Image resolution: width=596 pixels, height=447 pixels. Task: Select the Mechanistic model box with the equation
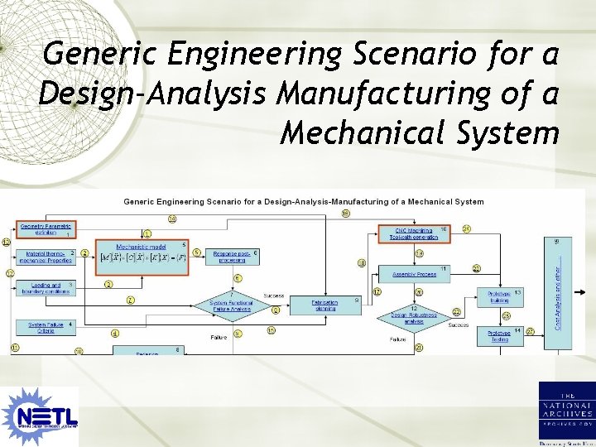(x=142, y=252)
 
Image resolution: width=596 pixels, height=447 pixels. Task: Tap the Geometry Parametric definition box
(x=46, y=228)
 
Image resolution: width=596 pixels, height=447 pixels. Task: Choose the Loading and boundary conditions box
(x=46, y=288)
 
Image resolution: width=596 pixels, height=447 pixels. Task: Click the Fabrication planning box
(x=312, y=305)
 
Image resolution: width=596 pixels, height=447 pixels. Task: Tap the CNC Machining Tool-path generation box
(x=413, y=233)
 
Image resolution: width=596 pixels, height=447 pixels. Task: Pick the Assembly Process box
(x=413, y=273)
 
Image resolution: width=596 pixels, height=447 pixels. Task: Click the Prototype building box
(x=499, y=296)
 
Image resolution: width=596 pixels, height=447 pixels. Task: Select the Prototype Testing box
(x=499, y=335)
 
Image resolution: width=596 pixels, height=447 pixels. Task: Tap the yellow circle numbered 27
(x=530, y=332)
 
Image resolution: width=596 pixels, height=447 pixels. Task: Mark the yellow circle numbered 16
(x=346, y=214)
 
